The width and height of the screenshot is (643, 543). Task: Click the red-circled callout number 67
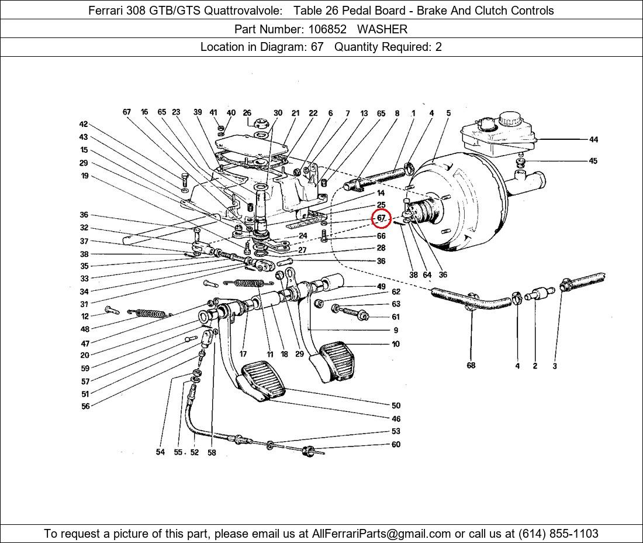coord(381,218)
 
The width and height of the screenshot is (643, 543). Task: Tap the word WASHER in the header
coord(382,29)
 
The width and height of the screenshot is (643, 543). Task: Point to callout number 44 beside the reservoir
coord(593,139)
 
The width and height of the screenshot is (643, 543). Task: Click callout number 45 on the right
coord(593,161)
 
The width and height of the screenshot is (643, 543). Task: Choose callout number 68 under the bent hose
coord(471,366)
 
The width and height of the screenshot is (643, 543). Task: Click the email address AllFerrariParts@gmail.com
coord(382,534)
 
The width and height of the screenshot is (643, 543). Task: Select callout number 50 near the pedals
coord(396,405)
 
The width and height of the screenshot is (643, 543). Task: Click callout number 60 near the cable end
coord(396,445)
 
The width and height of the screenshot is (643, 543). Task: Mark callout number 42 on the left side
coord(84,124)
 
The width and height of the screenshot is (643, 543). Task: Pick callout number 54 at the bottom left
coord(160,452)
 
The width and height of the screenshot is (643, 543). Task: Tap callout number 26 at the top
coord(247,113)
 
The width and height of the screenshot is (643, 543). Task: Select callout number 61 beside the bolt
coord(396,317)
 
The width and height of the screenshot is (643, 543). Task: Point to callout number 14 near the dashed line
coord(381,193)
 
